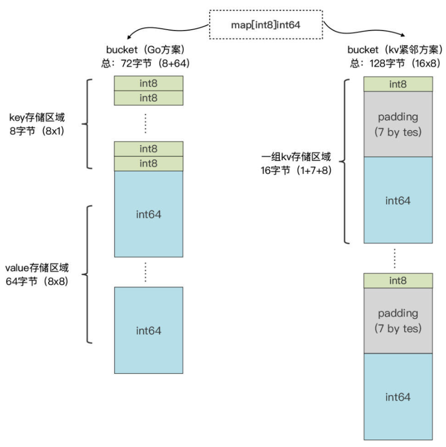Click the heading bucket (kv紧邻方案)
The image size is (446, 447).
(395, 51)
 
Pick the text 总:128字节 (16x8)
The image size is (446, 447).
(395, 63)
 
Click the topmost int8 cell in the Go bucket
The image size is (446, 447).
(149, 83)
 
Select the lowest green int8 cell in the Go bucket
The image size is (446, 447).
(149, 163)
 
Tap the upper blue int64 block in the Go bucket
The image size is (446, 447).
(149, 214)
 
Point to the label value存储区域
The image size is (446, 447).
(37, 268)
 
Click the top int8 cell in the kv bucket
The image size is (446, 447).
(398, 84)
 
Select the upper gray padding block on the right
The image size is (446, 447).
(398, 124)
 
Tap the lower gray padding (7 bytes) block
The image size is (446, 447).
(398, 320)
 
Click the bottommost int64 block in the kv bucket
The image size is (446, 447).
(398, 397)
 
